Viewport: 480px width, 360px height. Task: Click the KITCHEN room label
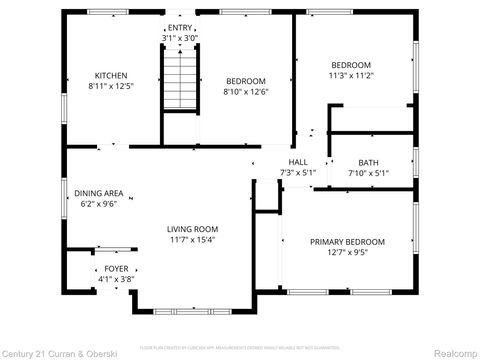111,76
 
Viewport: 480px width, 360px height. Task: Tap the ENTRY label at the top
180,28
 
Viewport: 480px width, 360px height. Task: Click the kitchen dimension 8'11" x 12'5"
111,87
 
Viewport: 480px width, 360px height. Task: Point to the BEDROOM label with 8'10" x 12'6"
244,81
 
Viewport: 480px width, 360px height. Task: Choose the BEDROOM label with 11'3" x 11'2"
350,64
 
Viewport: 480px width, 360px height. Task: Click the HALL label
297,162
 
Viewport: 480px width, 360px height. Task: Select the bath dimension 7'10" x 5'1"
367,173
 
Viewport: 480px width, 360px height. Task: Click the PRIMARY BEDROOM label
347,242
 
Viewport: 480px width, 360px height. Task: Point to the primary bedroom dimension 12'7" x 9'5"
347,253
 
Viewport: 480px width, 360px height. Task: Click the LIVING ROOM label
192,228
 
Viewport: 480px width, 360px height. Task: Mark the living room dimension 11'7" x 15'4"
192,239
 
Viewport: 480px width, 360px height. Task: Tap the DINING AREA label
98,192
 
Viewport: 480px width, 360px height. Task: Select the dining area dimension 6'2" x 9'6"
98,203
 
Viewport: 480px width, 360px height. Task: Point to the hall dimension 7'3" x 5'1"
297,173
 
